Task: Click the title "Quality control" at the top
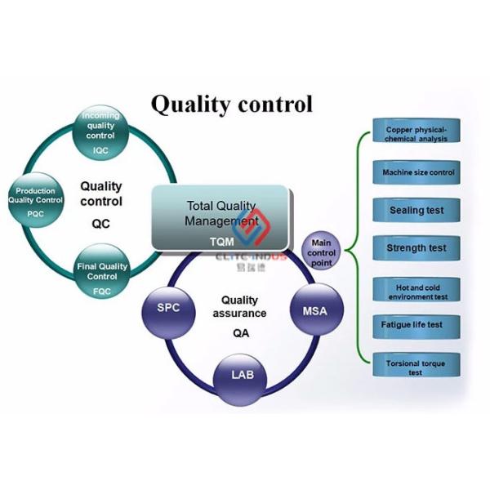pyautogui.click(x=231, y=104)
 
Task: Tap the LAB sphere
pyautogui.click(x=241, y=375)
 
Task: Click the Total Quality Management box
pyautogui.click(x=220, y=216)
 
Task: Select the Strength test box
pyautogui.click(x=416, y=248)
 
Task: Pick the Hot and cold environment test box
pyautogui.click(x=416, y=290)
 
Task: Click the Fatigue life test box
pyautogui.click(x=416, y=324)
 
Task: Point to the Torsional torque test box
pyautogui.click(x=416, y=367)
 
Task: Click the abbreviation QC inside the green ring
pyautogui.click(x=100, y=222)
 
